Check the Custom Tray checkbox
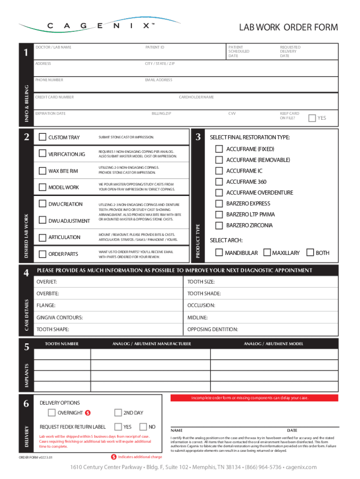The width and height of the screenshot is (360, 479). click(43, 137)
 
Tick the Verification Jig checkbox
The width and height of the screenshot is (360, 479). click(43, 154)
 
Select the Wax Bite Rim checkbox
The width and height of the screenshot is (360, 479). click(43, 171)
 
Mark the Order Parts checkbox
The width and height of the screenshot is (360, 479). click(43, 254)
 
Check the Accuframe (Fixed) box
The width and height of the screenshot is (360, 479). click(219, 149)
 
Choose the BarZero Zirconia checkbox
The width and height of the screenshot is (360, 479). click(219, 225)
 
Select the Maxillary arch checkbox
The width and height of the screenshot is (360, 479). click(267, 253)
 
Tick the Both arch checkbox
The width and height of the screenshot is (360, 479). click(310, 253)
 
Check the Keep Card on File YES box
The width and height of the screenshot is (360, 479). click(312, 118)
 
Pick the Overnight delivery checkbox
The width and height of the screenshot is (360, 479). click(51, 413)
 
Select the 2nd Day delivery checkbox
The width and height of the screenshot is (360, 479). click(118, 413)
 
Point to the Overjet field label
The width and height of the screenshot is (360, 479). click(47, 282)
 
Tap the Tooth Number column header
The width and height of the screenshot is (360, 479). click(62, 344)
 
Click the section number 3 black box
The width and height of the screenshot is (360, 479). click(198, 137)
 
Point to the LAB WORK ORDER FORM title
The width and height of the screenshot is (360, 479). click(288, 28)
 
